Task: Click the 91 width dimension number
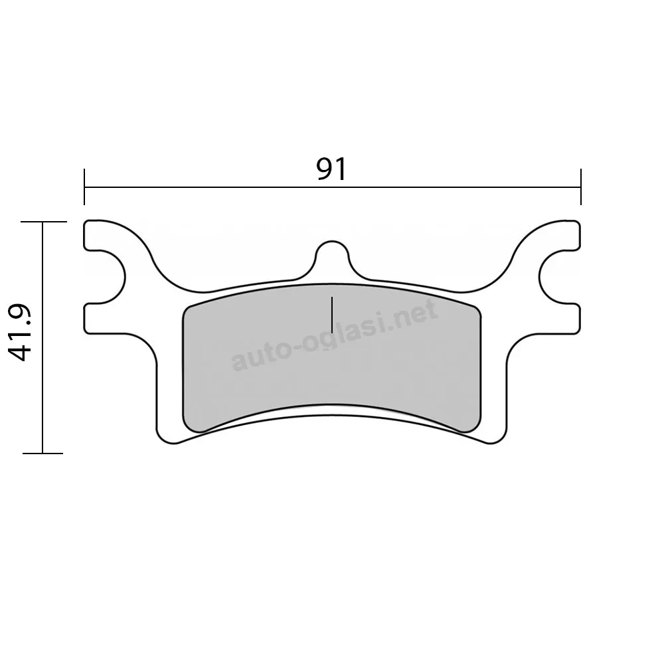pyautogui.click(x=331, y=169)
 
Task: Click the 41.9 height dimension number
pyautogui.click(x=20, y=332)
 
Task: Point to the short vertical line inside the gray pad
pyautogui.click(x=332, y=315)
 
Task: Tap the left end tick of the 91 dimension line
pyautogui.click(x=84, y=187)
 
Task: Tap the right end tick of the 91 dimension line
pyautogui.click(x=580, y=187)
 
